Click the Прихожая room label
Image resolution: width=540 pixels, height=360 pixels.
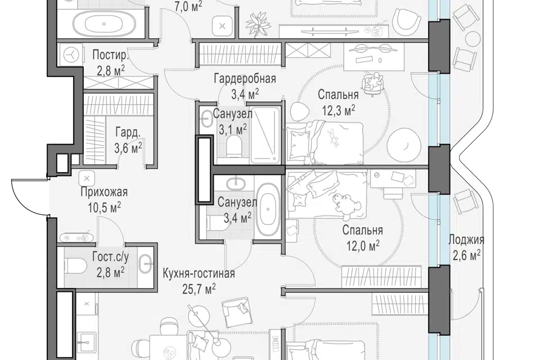click(x=104, y=192)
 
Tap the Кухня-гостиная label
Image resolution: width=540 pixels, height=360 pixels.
click(x=199, y=273)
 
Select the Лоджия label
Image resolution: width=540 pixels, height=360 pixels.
click(x=466, y=240)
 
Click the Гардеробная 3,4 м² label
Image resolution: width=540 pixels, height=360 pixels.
click(x=245, y=85)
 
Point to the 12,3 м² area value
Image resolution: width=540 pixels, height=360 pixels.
click(x=339, y=111)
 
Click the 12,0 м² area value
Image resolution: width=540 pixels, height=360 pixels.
click(x=363, y=246)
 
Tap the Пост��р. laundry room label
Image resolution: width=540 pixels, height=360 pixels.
click(x=110, y=55)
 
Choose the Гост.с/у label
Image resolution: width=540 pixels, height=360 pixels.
click(x=111, y=256)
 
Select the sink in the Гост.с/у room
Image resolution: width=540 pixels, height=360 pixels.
click(x=145, y=264)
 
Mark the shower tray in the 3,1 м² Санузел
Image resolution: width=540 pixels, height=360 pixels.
click(x=265, y=134)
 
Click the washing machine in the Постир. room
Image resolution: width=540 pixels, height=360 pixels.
click(x=72, y=55)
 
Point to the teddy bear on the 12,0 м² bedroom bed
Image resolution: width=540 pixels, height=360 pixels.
click(x=343, y=206)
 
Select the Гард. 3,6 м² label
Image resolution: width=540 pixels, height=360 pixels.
click(x=128, y=140)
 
